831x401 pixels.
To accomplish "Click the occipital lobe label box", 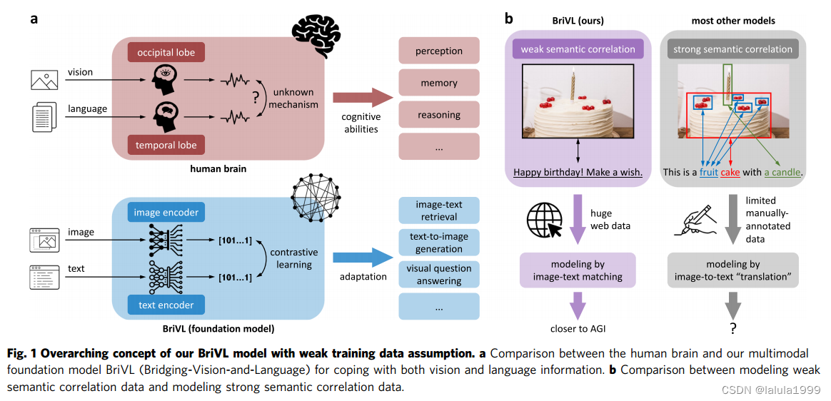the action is [166, 53].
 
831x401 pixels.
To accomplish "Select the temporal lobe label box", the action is [166, 145].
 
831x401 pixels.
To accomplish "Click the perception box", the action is [439, 51].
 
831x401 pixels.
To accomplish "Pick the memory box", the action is [439, 83].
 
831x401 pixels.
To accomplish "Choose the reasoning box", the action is [439, 115].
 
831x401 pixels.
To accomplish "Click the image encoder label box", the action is [166, 213].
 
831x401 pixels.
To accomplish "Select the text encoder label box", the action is [166, 305].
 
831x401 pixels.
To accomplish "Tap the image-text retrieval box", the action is [439, 210].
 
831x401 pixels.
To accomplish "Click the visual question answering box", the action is [439, 275].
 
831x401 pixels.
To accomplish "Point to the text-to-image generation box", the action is [439, 242].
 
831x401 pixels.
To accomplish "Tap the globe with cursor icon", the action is [543, 221].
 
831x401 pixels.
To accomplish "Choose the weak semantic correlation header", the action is [578, 49].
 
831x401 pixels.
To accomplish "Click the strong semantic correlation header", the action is [732, 49].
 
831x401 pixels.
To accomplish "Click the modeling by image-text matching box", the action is [578, 270].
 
